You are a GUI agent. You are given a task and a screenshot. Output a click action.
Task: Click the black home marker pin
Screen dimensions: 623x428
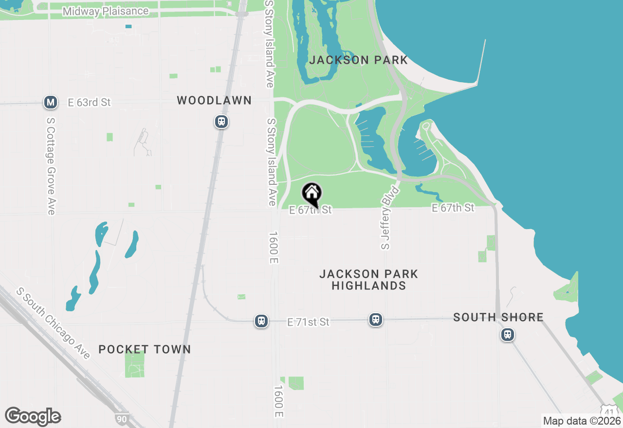tap(311, 194)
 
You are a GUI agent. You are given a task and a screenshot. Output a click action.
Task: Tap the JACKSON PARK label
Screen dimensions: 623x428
tap(359, 60)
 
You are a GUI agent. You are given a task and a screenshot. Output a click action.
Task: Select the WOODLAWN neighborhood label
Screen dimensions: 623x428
tap(214, 101)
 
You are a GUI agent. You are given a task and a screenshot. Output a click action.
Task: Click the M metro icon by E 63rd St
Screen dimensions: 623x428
tap(51, 102)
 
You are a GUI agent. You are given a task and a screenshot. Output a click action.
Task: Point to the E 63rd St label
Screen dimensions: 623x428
tap(90, 102)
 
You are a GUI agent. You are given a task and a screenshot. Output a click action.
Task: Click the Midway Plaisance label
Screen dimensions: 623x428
tap(106, 11)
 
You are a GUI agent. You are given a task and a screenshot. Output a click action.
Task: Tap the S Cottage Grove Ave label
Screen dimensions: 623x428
tap(51, 165)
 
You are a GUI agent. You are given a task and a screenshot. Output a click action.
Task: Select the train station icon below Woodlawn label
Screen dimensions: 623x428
tap(221, 122)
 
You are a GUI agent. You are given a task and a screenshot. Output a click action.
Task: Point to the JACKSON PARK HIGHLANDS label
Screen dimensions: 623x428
tap(368, 280)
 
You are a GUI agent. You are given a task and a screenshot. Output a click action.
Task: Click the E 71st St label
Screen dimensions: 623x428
tap(309, 322)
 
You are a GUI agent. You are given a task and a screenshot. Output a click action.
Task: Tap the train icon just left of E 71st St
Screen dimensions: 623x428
tap(261, 321)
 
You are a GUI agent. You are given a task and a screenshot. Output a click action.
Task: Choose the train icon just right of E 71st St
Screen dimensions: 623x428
tap(375, 320)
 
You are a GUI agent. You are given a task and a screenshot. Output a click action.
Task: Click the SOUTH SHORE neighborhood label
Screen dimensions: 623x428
tap(498, 317)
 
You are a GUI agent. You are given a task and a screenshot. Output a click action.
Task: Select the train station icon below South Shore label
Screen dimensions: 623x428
tap(508, 335)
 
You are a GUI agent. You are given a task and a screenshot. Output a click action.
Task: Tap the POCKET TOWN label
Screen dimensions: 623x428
tap(145, 349)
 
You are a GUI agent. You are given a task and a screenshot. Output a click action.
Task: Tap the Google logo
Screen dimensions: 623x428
tap(33, 416)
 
